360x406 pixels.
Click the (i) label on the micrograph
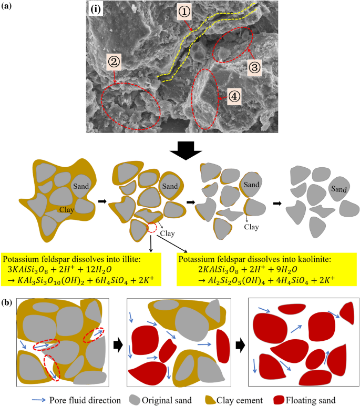click(96, 9)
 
